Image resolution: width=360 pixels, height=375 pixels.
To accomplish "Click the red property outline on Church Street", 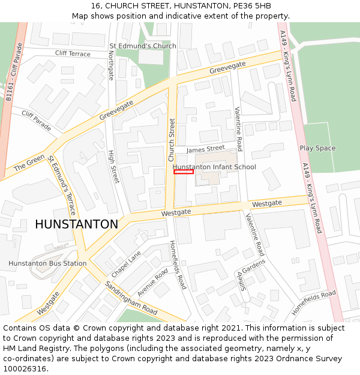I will [184, 172].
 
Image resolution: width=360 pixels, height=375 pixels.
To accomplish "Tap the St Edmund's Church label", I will [142, 46].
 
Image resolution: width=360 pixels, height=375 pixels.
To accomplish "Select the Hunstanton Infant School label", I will [214, 167].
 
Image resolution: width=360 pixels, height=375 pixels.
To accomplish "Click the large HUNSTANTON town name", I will [76, 224].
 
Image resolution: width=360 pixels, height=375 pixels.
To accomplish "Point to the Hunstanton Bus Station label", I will [47, 263].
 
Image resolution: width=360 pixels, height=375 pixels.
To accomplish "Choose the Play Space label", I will [317, 148].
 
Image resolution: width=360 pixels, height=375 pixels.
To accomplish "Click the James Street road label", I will [205, 149].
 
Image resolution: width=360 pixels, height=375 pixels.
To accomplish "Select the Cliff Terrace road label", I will [73, 53].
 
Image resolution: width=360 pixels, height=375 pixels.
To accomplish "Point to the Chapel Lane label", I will [125, 264].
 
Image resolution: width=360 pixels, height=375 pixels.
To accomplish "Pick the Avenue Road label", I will [152, 282].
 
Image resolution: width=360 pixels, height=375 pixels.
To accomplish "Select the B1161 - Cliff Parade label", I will [13, 73].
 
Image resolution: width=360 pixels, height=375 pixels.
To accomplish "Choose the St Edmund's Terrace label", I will [62, 186].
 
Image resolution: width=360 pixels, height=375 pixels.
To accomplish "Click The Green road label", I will [29, 161].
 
